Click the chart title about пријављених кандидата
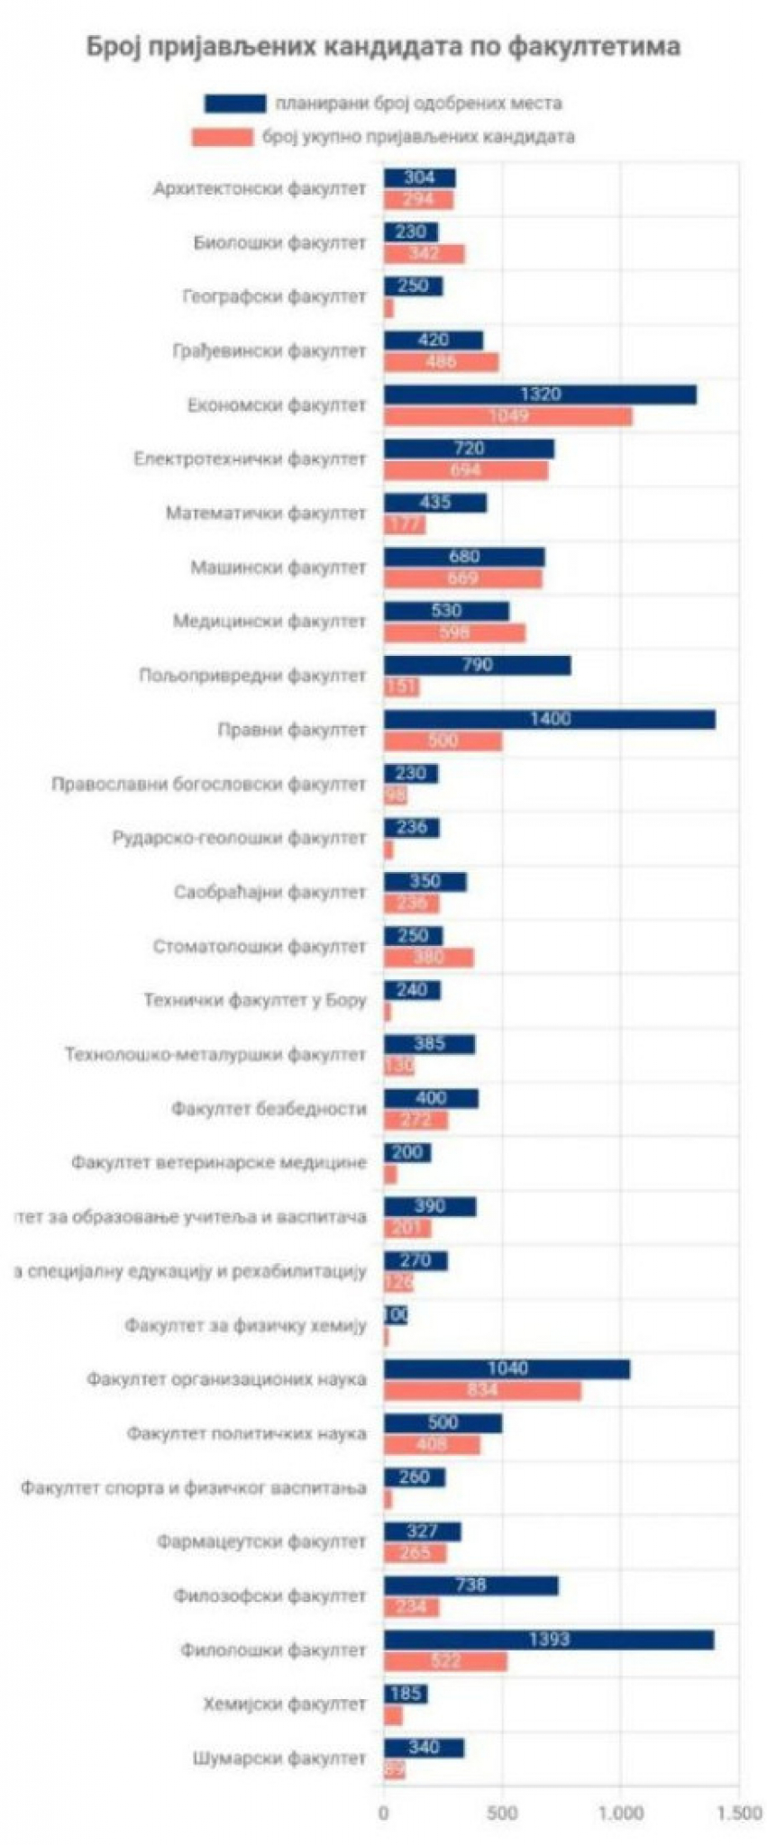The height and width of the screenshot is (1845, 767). pyautogui.click(x=383, y=47)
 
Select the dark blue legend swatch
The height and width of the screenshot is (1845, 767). pyautogui.click(x=234, y=104)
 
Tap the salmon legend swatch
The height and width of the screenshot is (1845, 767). pyautogui.click(x=222, y=137)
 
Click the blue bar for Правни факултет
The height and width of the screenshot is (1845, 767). pyautogui.click(x=549, y=719)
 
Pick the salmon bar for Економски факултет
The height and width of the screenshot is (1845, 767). pyautogui.click(x=507, y=415)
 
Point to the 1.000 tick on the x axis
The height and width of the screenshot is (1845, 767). pyautogui.click(x=621, y=1812)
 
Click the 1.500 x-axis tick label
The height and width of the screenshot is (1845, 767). pyautogui.click(x=739, y=1812)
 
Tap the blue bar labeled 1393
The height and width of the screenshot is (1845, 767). pyautogui.click(x=548, y=1639)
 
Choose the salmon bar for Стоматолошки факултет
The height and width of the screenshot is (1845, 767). pyautogui.click(x=428, y=957)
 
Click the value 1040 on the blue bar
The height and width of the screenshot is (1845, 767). pyautogui.click(x=507, y=1368)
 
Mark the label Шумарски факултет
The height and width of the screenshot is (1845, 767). pyautogui.click(x=279, y=1758)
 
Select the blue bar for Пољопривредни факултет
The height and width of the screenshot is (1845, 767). pyautogui.click(x=477, y=665)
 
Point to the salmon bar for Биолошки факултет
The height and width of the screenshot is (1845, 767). pyautogui.click(x=424, y=253)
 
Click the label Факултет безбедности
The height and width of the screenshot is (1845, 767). pyautogui.click(x=269, y=1108)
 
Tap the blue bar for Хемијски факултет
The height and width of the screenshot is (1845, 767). pyautogui.click(x=406, y=1694)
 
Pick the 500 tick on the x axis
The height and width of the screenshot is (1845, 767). pyautogui.click(x=502, y=1812)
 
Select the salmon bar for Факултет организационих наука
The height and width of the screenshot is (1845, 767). pyautogui.click(x=482, y=1390)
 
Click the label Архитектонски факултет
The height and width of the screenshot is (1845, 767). pyautogui.click(x=260, y=188)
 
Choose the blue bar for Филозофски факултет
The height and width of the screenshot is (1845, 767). pyautogui.click(x=470, y=1585)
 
